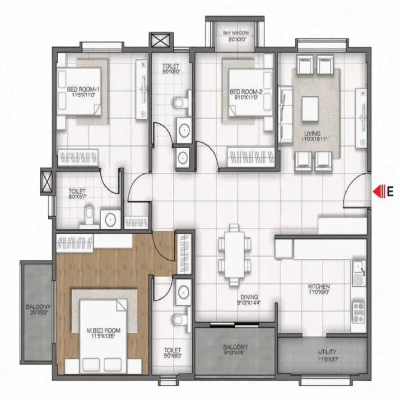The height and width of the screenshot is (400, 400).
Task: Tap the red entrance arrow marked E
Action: (x=377, y=191)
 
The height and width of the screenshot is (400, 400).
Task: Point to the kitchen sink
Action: (x=359, y=271)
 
